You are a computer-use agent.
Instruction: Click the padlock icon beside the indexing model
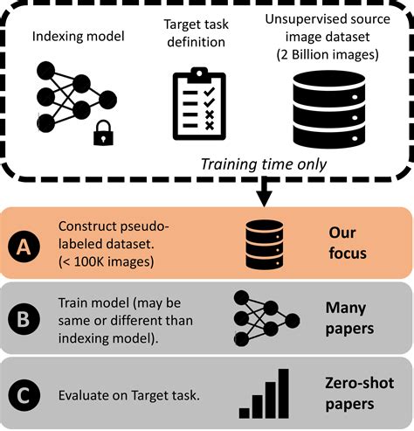pyautogui.click(x=103, y=132)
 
